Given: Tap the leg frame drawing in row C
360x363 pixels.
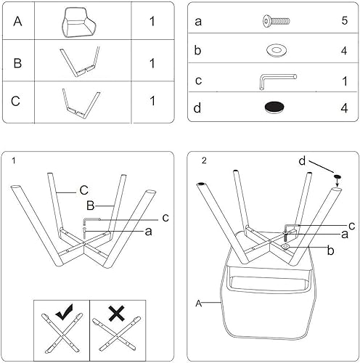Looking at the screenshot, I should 80,102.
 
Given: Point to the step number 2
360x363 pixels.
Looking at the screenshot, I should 204,160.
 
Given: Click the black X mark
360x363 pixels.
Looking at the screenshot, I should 116,314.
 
